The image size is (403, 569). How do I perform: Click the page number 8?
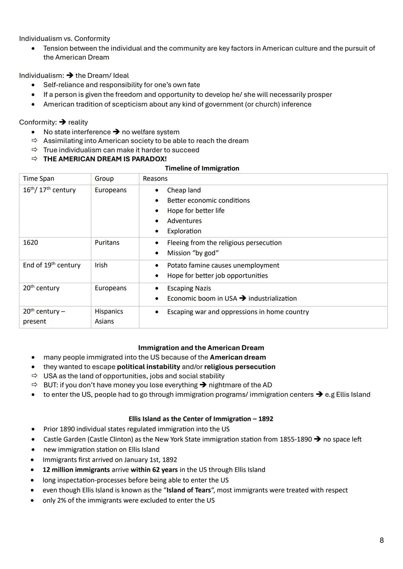pyautogui.click(x=381, y=540)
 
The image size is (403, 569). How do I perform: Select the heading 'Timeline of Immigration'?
pyautogui.click(x=202, y=168)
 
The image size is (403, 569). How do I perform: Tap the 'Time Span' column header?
pyautogui.click(x=38, y=179)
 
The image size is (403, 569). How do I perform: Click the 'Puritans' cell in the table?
pyautogui.click(x=107, y=243)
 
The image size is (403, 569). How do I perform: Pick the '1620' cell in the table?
pyautogui.click(x=30, y=243)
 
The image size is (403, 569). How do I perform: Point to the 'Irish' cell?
pyautogui.click(x=101, y=265)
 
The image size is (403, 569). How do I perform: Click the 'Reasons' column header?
pyautogui.click(x=155, y=179)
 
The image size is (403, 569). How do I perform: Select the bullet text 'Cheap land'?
pyautogui.click(x=184, y=190)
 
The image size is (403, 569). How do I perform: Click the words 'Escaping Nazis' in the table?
pyautogui.click(x=189, y=288)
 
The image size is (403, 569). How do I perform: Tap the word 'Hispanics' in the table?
pyautogui.click(x=109, y=312)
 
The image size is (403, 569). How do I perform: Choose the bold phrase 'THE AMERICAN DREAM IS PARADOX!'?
pyautogui.click(x=105, y=159)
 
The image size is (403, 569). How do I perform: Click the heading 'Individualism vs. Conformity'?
pyautogui.click(x=65, y=39)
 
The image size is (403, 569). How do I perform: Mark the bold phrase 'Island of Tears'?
pyautogui.click(x=189, y=490)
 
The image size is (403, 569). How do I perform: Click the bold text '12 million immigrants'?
pyautogui.click(x=76, y=470)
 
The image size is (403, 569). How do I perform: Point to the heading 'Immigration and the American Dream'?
pyautogui.click(x=201, y=348)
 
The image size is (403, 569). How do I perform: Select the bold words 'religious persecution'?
pyautogui.click(x=240, y=367)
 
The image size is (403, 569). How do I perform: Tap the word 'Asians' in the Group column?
pyautogui.click(x=104, y=322)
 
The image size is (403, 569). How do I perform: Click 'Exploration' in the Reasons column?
pyautogui.click(x=184, y=231)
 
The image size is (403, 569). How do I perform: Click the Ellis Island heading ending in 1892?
pyautogui.click(x=201, y=419)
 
